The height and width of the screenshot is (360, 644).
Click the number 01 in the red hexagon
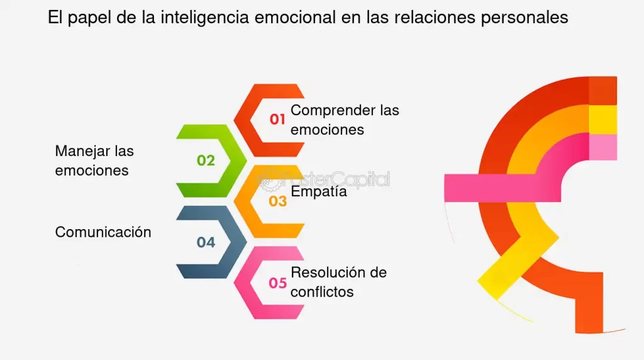pos(277,119)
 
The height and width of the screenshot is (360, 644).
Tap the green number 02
pos(206,160)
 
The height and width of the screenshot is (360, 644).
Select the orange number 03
pos(277,201)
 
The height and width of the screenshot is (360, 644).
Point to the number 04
pos(206,242)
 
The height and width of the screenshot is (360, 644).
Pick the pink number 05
pos(277,283)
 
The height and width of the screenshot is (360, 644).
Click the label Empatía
pos(319,192)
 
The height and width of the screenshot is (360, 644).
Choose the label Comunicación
pos(103,232)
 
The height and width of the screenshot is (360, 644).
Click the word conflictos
pos(322,292)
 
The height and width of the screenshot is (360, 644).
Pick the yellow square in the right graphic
pos(602,120)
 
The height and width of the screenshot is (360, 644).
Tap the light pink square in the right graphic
pos(602,147)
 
